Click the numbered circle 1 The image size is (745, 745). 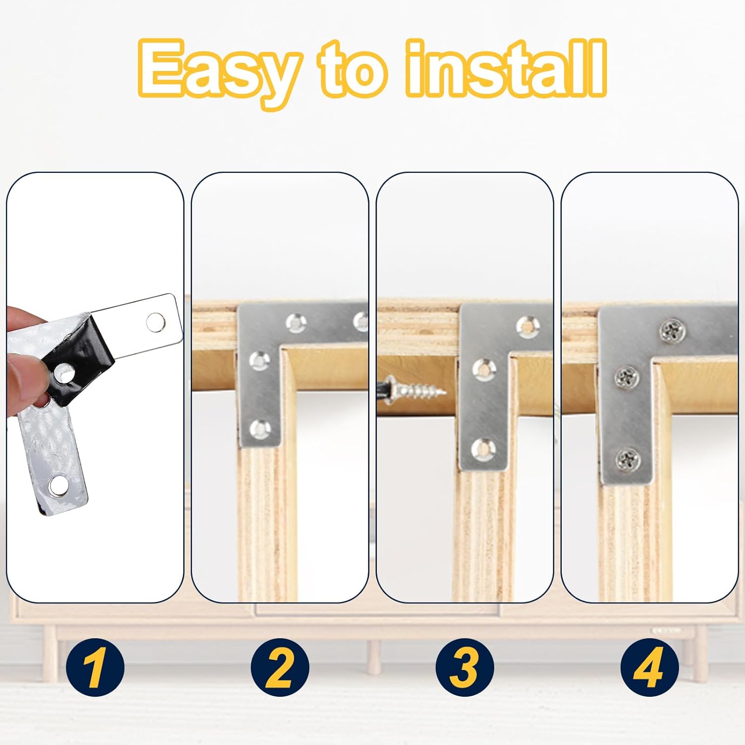tap(95, 668)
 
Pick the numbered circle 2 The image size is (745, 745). tap(280, 668)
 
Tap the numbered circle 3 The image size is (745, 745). tap(465, 668)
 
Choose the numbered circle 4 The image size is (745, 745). tap(650, 668)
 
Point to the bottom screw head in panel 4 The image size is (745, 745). tap(627, 460)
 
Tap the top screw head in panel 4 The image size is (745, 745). tap(673, 331)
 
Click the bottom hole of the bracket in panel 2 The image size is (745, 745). tap(260, 429)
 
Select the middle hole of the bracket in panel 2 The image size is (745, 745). tap(259, 361)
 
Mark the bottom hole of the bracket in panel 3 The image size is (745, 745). tap(483, 449)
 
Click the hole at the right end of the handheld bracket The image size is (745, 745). tap(156, 322)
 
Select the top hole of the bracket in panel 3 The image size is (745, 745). tap(528, 325)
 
